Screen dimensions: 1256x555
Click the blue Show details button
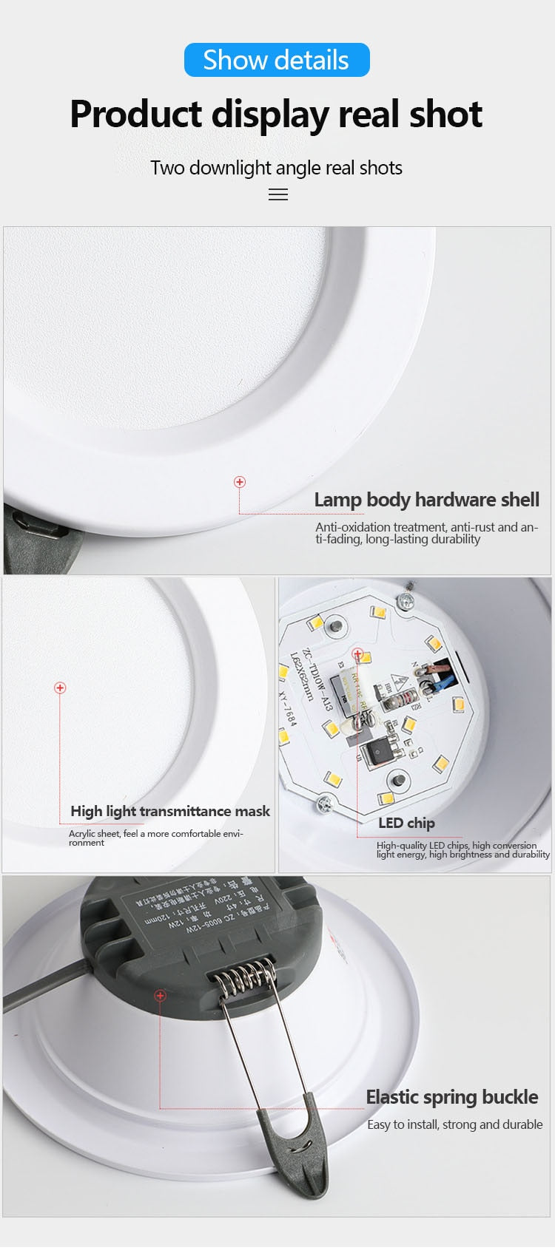[277, 60]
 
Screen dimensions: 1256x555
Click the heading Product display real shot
[276, 115]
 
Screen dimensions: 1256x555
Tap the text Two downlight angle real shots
[276, 168]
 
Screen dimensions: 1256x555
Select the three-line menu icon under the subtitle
[277, 195]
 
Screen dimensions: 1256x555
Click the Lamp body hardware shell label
[426, 500]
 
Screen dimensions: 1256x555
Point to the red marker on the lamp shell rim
[240, 482]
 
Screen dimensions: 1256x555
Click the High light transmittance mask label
[170, 811]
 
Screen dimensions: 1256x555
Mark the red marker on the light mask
[60, 688]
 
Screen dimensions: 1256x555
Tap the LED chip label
[406, 823]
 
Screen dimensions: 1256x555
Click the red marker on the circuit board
[357, 654]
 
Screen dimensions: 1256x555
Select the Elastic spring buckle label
[452, 1097]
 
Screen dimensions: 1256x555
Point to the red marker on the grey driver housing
[160, 996]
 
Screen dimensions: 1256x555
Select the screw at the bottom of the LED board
[323, 801]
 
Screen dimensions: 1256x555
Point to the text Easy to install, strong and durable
[454, 1124]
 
